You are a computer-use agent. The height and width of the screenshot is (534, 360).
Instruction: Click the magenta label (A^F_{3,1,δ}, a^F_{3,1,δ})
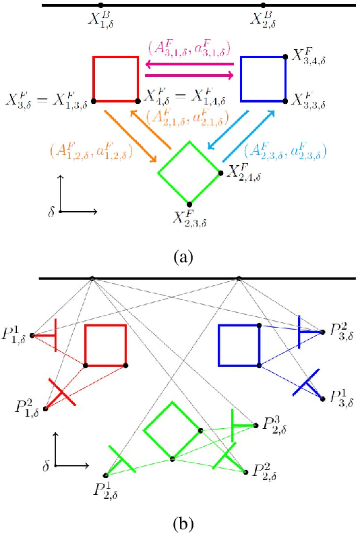tap(189, 48)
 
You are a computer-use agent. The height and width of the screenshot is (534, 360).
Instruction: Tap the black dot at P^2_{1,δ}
tap(46, 409)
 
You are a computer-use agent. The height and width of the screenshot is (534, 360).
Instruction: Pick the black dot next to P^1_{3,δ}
tap(323, 398)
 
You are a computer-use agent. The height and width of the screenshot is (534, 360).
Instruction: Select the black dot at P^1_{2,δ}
tap(105, 475)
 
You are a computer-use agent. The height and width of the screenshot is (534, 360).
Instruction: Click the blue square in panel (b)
tap(239, 345)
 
